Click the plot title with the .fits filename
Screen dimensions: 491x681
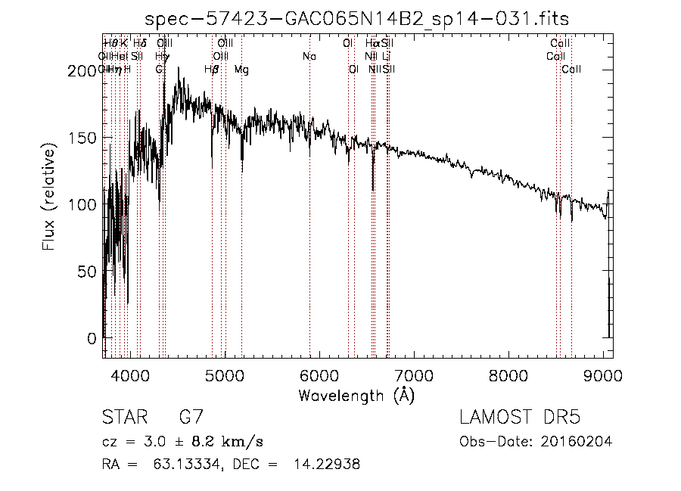coord(356,19)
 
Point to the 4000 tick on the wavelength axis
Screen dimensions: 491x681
coord(130,373)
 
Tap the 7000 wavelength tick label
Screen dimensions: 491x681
coord(413,373)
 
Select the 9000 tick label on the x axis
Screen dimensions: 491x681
coord(602,373)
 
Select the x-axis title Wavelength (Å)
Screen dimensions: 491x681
coord(356,394)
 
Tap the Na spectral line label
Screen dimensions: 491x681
coord(309,57)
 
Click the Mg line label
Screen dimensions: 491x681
coord(241,70)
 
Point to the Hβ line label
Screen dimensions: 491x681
coord(212,70)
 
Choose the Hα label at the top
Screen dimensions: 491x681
coord(372,44)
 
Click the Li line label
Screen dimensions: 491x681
coord(386,57)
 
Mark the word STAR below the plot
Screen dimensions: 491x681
coord(122,418)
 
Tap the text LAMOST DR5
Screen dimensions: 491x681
coord(519,418)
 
